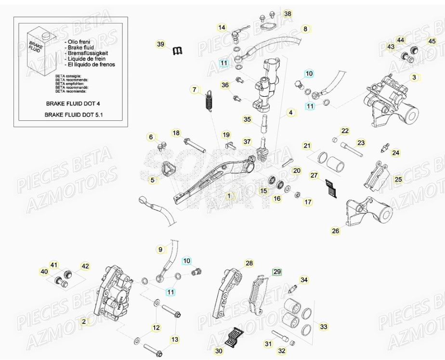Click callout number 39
pos(160,44)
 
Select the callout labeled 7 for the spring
pos(194,90)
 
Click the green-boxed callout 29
pos(276,272)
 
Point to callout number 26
pos(335,231)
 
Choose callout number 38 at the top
pos(287,14)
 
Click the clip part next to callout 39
pos(178,50)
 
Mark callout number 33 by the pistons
pos(324,327)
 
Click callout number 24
pos(395,153)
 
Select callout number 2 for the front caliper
pos(84,321)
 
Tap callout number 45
pos(432,41)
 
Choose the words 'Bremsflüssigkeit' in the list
pos(90,53)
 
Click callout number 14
pos(222,27)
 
